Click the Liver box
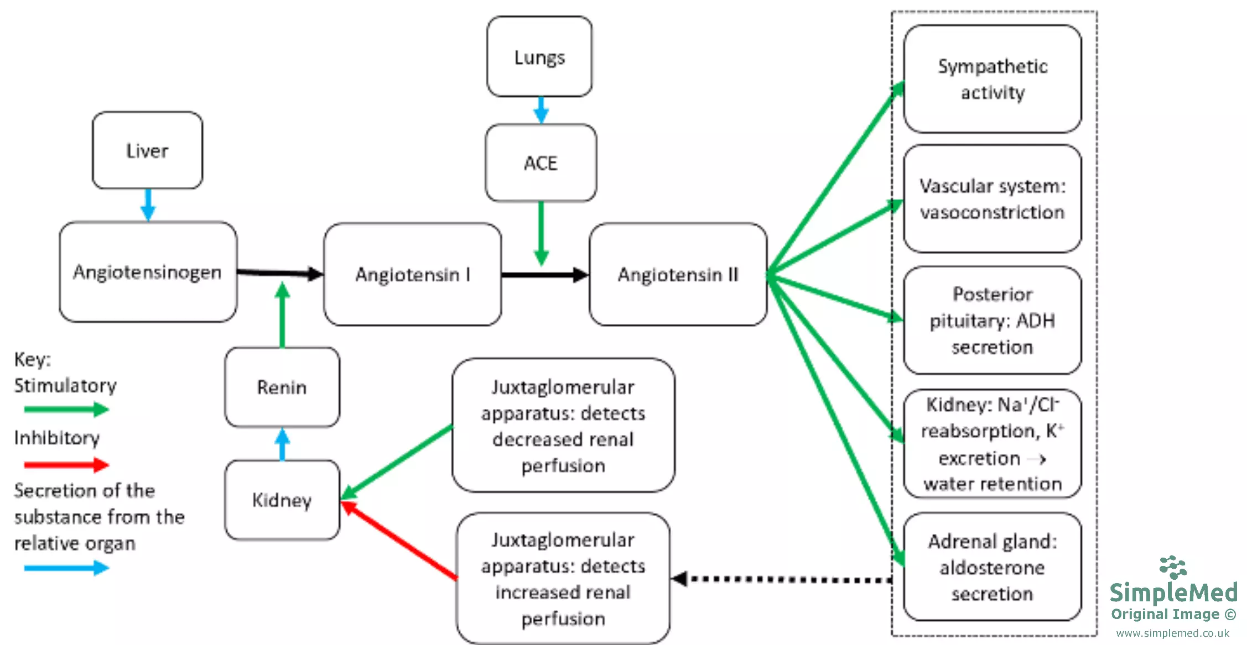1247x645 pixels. click(x=147, y=150)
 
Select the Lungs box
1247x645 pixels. click(x=539, y=57)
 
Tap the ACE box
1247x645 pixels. click(x=541, y=163)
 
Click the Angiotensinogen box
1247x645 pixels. click(x=148, y=272)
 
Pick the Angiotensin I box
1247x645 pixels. click(x=412, y=274)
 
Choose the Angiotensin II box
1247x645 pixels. click(x=678, y=274)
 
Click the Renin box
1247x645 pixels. click(x=282, y=387)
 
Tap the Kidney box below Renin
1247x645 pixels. click(x=282, y=500)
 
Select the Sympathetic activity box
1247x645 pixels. click(x=992, y=79)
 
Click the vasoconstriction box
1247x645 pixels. click(x=992, y=199)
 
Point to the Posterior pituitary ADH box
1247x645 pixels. click(x=992, y=321)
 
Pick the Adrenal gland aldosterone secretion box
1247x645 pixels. click(x=992, y=567)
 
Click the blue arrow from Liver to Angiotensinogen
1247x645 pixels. click(x=148, y=204)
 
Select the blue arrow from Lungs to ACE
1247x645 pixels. click(x=541, y=110)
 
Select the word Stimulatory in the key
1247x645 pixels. click(x=65, y=385)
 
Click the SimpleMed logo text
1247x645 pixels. click(x=1173, y=592)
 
